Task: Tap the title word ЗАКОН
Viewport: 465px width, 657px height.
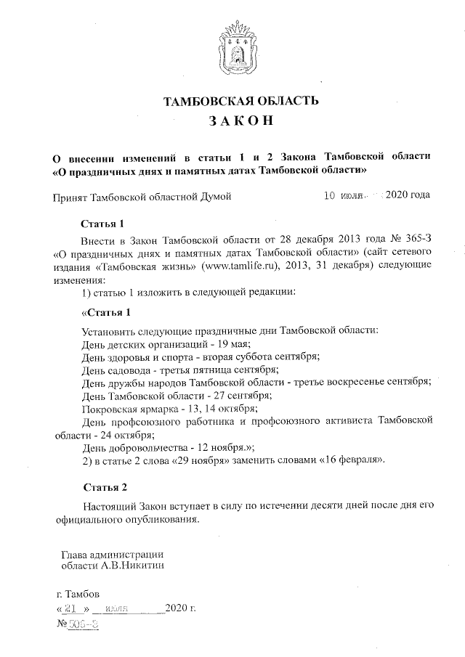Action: click(232, 123)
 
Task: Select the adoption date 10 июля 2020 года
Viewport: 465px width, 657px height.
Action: click(377, 195)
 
